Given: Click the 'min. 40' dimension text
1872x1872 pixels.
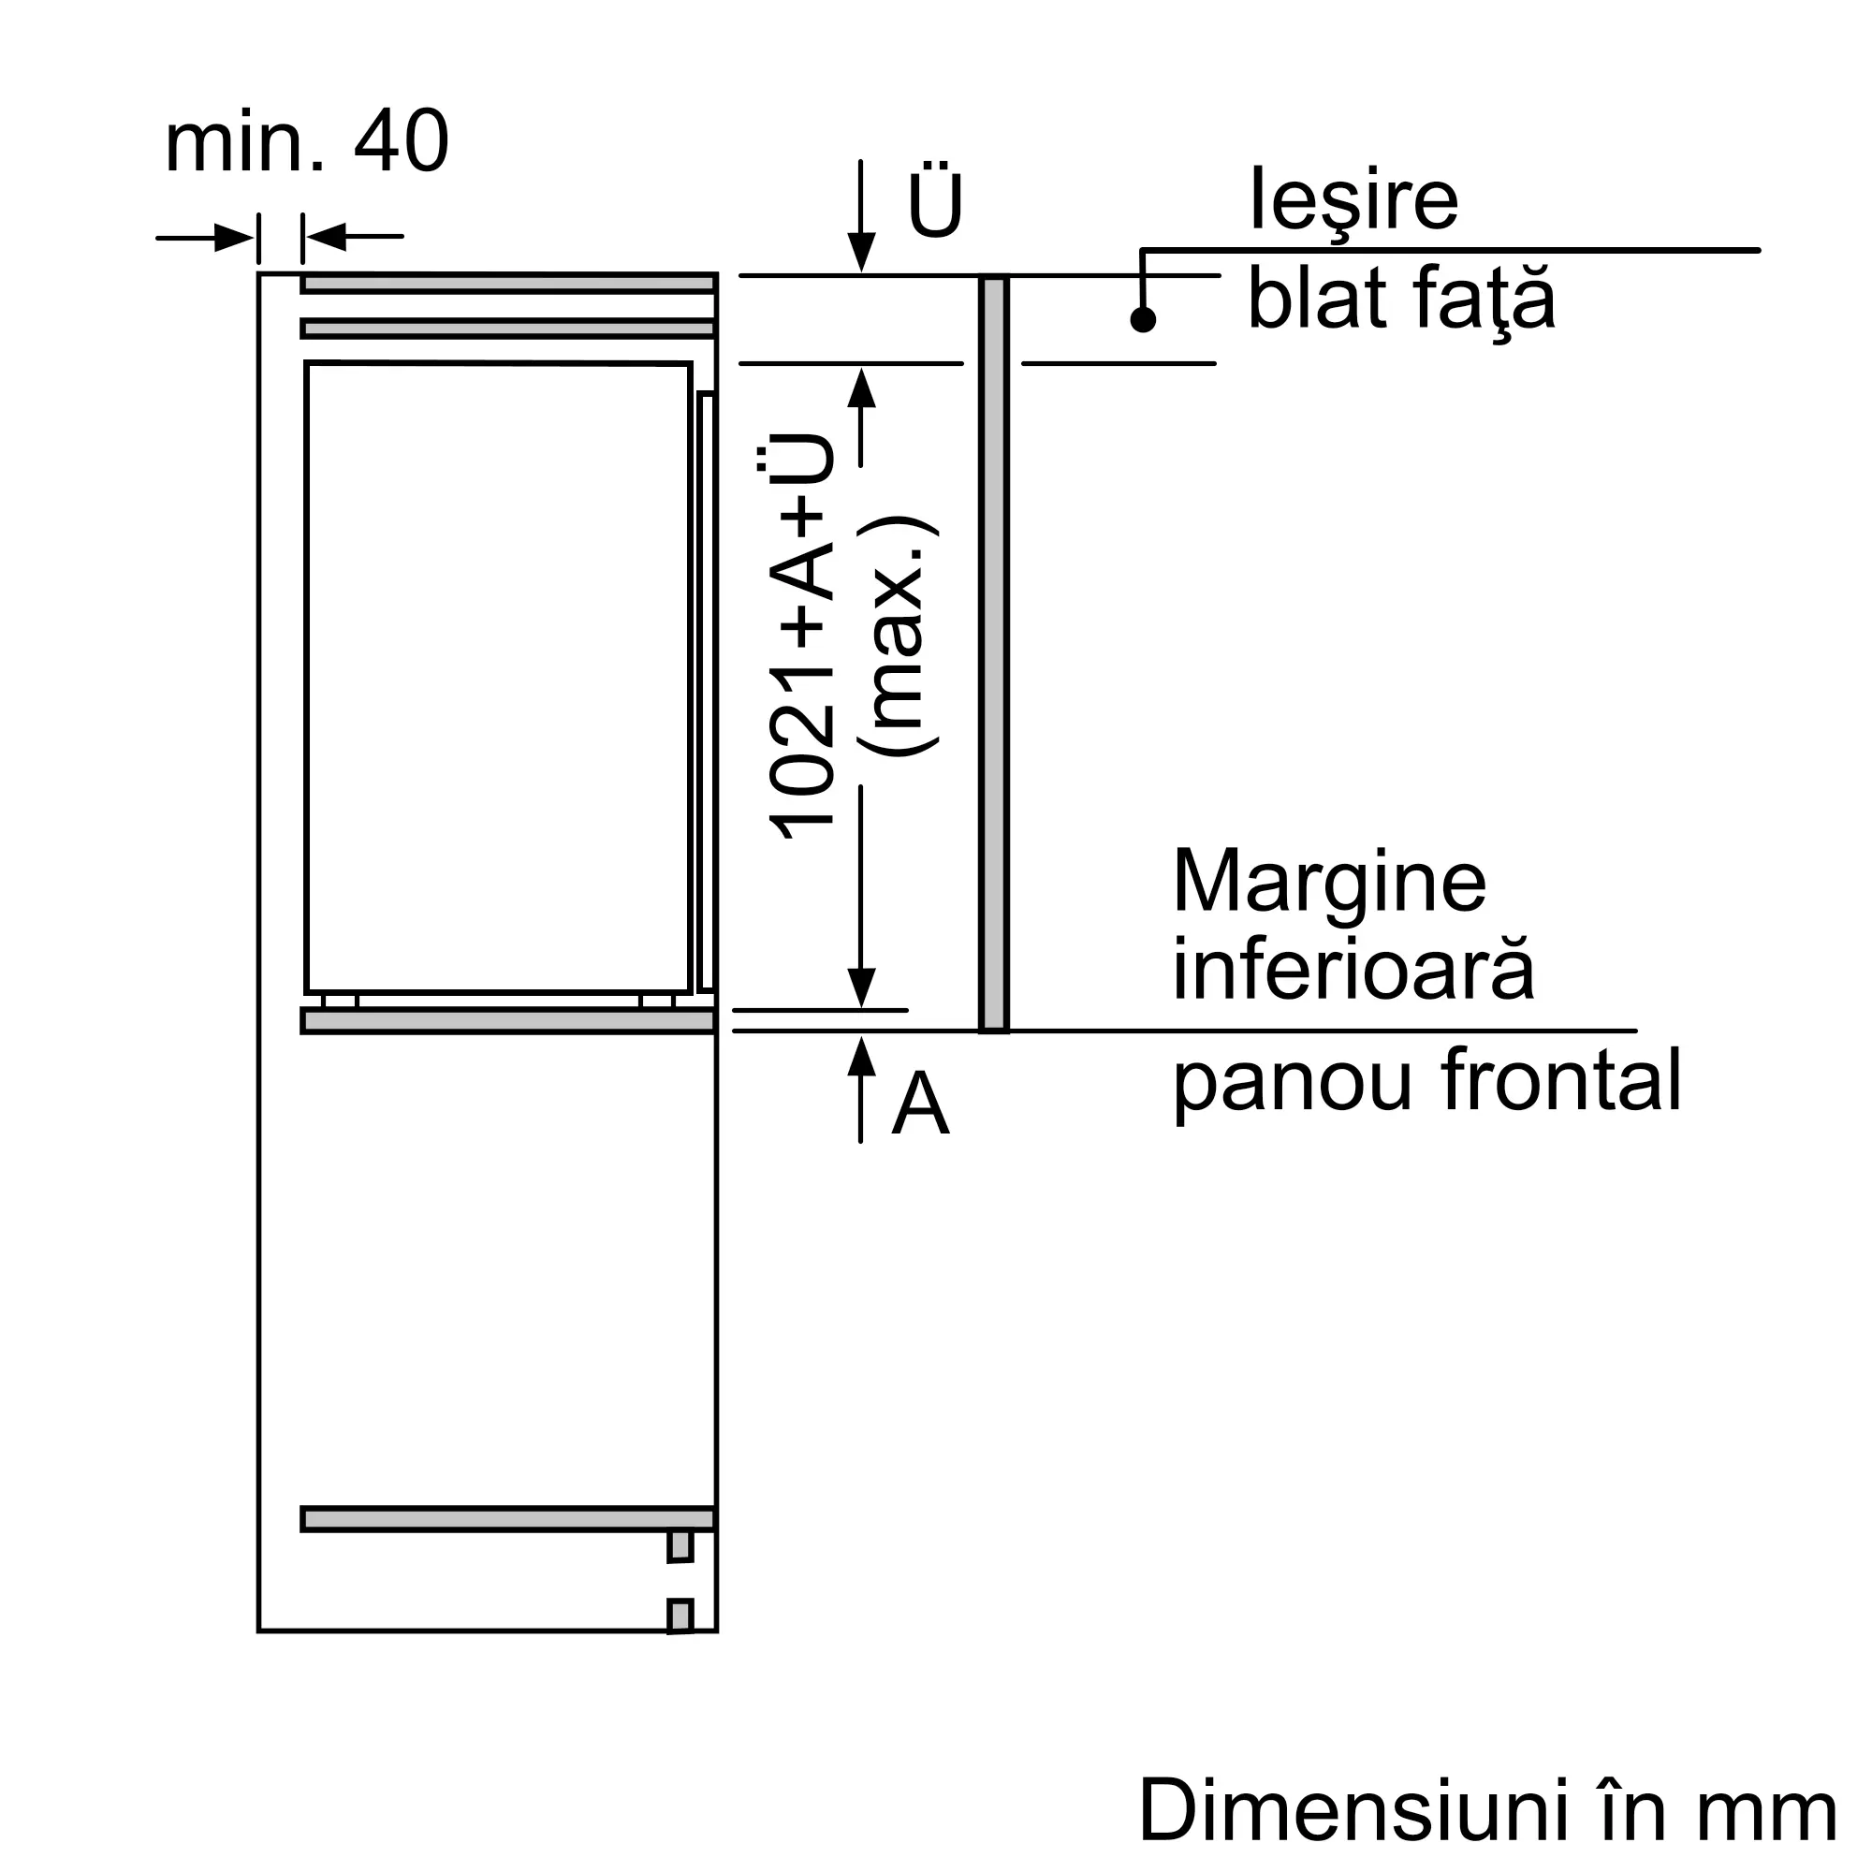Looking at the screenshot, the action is [306, 142].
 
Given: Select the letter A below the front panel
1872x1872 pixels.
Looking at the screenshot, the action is [919, 1104].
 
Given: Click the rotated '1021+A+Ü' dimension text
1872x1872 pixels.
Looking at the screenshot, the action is [800, 636].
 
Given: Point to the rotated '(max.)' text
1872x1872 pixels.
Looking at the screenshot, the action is [898, 636].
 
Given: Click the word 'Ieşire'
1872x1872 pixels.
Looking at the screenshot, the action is [1353, 199].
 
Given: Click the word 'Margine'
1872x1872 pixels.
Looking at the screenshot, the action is [1328, 881].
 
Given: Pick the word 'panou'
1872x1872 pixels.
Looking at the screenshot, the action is [1292, 1082].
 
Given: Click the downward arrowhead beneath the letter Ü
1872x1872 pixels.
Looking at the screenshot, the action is [860, 252].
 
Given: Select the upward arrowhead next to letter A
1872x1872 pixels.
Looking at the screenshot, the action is [860, 1055].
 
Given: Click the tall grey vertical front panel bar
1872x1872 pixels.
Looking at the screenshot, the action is [993, 653].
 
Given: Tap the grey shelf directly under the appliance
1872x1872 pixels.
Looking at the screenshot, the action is [507, 1021].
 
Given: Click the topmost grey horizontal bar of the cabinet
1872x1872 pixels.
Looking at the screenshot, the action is [507, 283].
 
